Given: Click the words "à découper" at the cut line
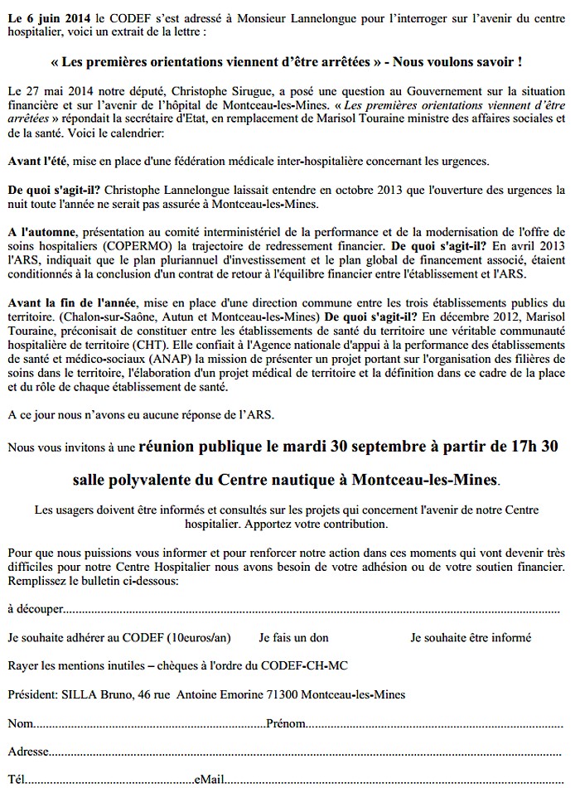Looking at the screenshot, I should pos(36,609).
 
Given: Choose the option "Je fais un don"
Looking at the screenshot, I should pos(293,638).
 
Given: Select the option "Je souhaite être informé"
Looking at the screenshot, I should pos(471,638).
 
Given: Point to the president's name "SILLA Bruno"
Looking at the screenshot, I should pos(95,694).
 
